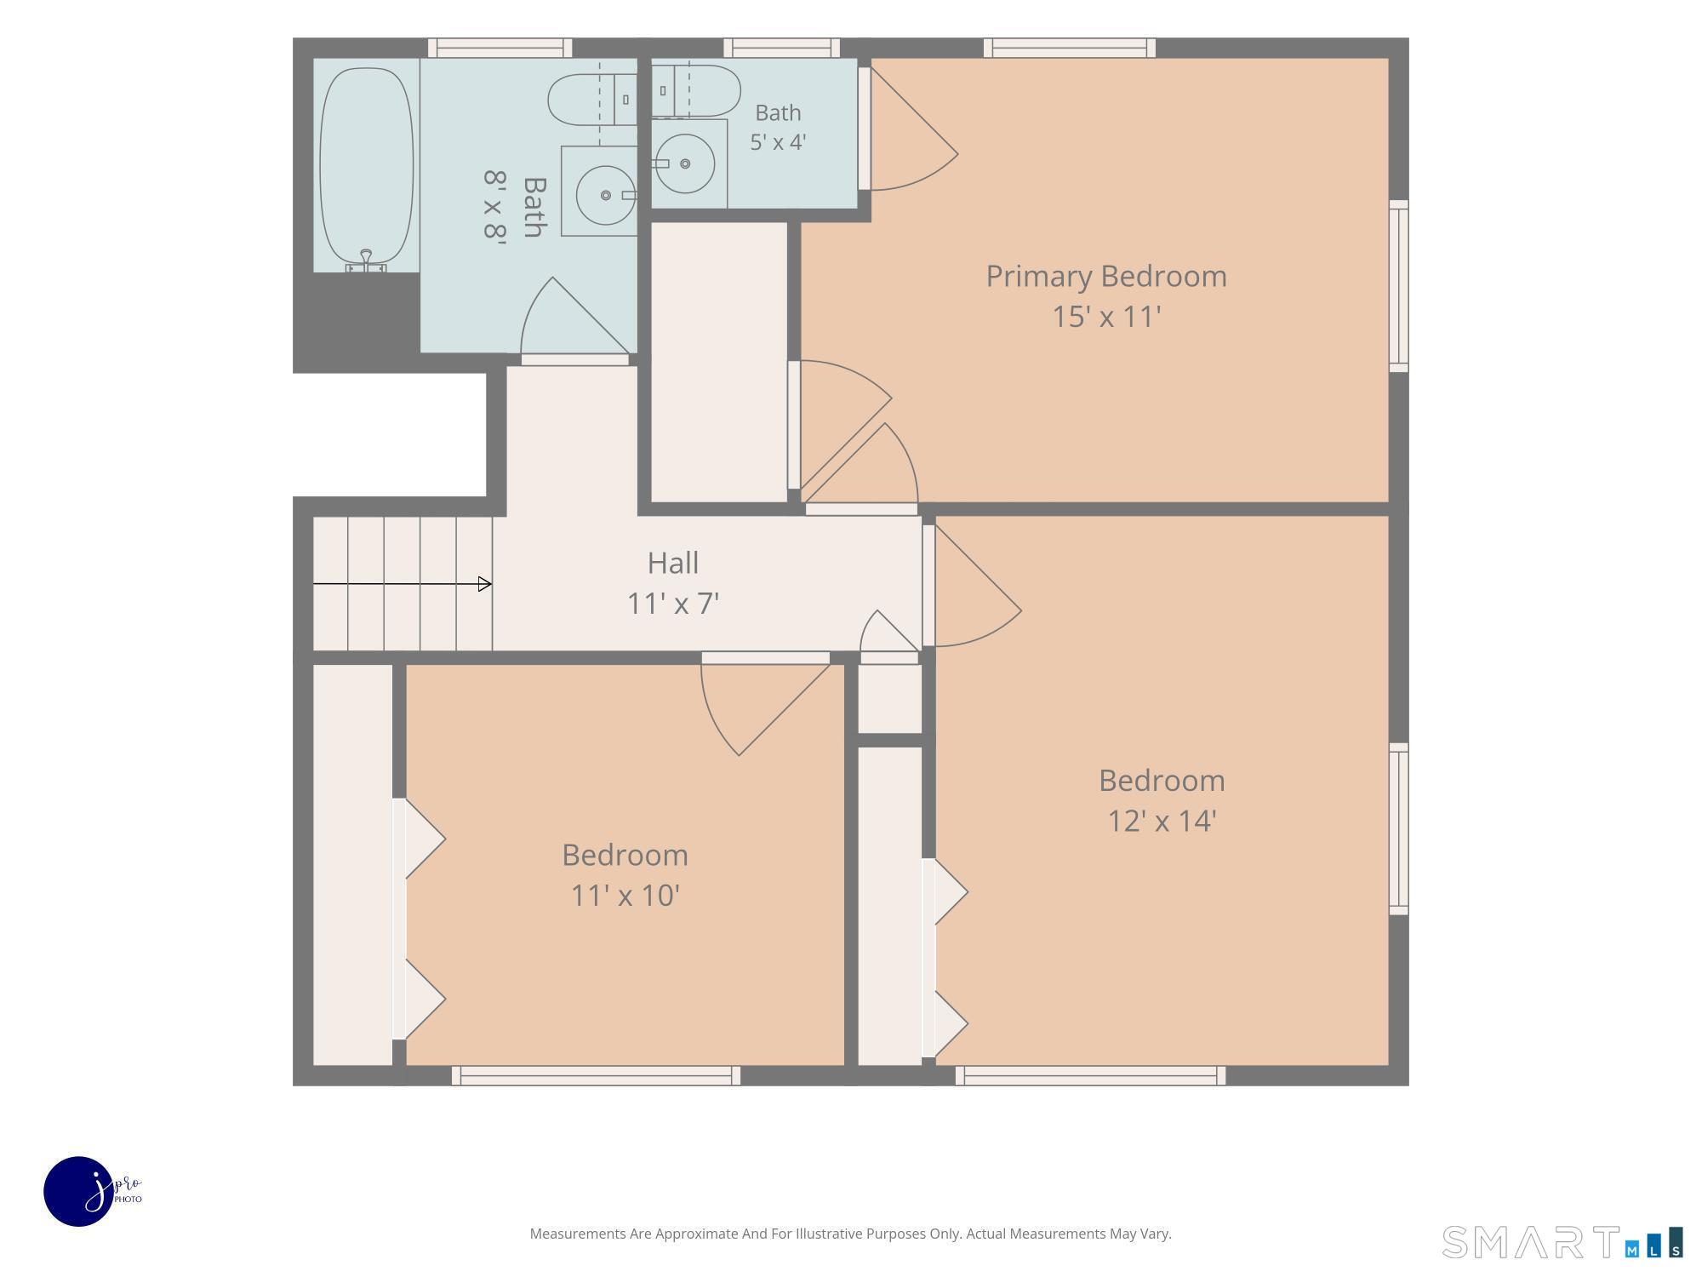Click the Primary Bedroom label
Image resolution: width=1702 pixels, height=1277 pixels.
1106,277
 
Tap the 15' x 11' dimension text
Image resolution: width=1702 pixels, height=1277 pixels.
1106,317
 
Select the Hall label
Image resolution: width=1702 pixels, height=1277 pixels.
673,563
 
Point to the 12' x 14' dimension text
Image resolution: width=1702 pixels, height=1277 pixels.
1162,821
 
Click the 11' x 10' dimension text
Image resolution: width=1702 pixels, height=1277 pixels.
625,896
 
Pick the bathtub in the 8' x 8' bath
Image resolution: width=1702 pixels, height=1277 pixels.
366,166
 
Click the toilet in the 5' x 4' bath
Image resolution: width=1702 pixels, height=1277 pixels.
695,91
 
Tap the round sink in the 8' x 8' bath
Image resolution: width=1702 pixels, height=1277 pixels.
606,195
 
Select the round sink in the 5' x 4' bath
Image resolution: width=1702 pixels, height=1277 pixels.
685,163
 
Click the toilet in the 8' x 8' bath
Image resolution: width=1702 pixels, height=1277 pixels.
592,100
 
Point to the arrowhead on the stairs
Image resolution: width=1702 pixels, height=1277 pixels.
485,584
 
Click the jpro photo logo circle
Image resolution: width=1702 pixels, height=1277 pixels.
79,1191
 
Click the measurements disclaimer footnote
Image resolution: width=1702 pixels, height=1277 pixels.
850,1234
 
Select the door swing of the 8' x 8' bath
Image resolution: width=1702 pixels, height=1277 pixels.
575,316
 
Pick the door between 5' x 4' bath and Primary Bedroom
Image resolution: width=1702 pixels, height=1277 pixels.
908,128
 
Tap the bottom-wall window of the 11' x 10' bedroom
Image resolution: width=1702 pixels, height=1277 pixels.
596,1075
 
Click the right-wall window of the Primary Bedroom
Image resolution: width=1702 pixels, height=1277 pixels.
1399,286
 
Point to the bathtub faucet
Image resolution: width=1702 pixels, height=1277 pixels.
366,261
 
